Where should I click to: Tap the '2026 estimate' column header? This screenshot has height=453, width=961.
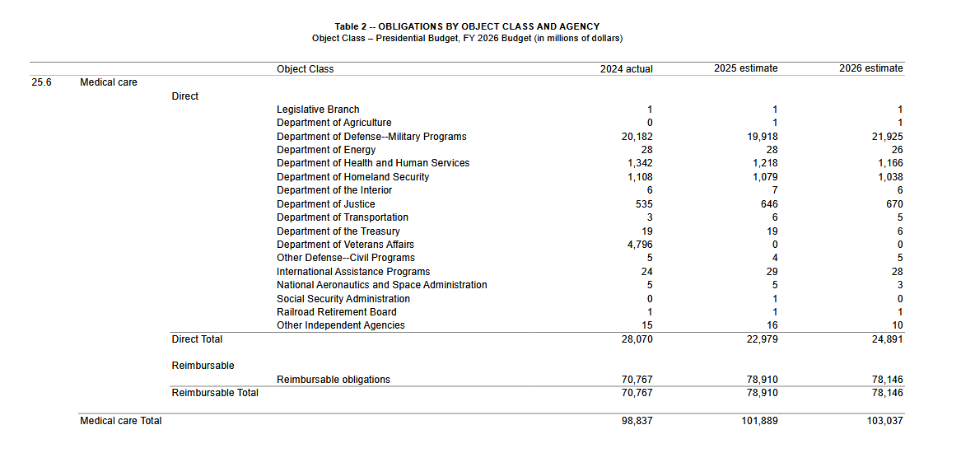pos(870,68)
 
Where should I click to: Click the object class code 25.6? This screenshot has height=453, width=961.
pos(42,82)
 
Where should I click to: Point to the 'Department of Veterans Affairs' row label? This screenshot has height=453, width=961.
pos(345,245)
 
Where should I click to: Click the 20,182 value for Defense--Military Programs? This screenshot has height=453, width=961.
pos(637,137)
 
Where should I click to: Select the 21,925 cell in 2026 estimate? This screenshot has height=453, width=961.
pos(887,137)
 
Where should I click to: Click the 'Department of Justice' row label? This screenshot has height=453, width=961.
pos(325,204)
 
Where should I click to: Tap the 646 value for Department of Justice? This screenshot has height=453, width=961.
pos(769,204)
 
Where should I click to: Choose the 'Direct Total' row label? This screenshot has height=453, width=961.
pos(197,339)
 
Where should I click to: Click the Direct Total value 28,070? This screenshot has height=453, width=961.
pos(637,339)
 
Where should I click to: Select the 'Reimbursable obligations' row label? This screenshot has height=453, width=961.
pos(333,380)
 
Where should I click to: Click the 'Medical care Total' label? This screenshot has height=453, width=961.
pos(121,421)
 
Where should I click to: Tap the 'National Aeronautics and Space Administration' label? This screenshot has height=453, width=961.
pos(381,285)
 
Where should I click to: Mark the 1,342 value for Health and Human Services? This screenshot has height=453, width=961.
pos(639,163)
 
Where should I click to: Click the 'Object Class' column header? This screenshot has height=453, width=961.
pos(305,69)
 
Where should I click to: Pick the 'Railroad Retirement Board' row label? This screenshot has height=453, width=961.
pos(336,312)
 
